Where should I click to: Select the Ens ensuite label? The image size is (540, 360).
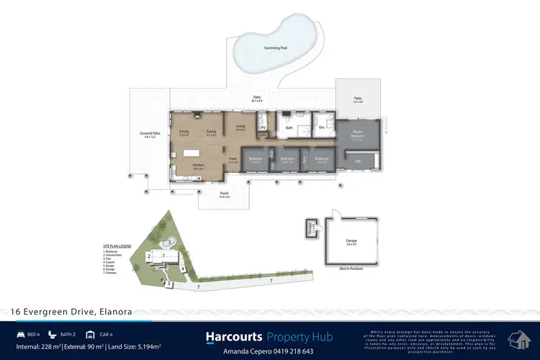(x=322, y=128)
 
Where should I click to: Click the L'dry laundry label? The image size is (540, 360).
(x=263, y=127)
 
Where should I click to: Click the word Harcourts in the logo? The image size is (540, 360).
(x=234, y=336)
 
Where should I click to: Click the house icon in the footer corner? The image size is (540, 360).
(x=520, y=338)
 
